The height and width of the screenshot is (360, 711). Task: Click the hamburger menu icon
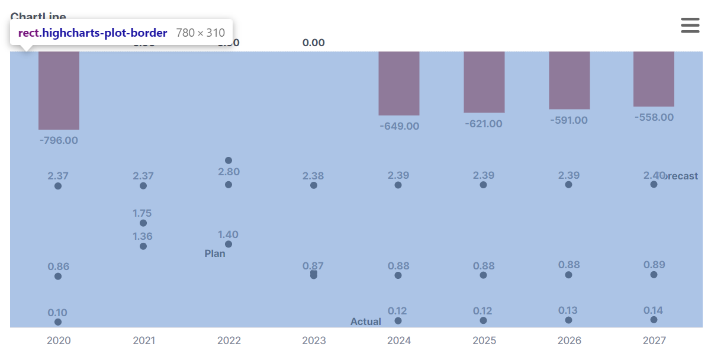coord(690,25)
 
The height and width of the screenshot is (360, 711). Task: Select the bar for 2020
coord(59,90)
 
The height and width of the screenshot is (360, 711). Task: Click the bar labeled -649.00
coord(399,83)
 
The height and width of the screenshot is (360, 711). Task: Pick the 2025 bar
coord(484,82)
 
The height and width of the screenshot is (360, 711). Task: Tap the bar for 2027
coord(654,79)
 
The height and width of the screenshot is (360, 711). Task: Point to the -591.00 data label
coord(569,120)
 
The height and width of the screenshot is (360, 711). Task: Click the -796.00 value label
coord(59,140)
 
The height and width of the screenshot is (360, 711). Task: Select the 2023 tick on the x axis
coord(314,340)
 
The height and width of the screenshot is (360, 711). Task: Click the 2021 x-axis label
coord(144,340)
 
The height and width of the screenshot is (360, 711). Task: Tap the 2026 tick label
coord(569,340)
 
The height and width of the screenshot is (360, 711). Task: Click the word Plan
coord(215,253)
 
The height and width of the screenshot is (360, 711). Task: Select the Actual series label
coord(366,322)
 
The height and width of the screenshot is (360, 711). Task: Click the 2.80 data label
coord(229,172)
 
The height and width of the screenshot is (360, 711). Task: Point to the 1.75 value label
coord(143,213)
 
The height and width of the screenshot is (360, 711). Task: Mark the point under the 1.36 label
coord(143,246)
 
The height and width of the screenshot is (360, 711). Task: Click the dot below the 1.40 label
coord(229,244)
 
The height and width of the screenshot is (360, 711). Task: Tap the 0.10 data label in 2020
coord(57,313)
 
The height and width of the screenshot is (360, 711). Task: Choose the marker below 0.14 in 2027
coord(654,320)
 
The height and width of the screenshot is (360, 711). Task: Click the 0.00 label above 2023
coord(314,43)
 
